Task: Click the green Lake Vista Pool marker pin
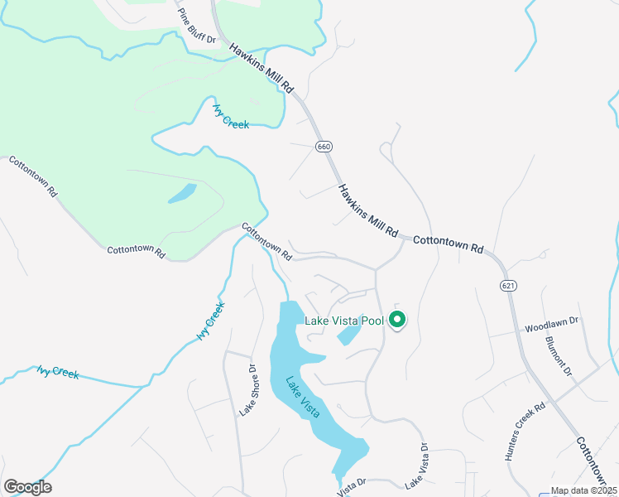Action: (396, 318)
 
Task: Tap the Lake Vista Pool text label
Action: (344, 321)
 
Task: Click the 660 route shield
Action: (324, 146)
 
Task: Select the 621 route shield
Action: (507, 285)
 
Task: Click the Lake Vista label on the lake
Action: (303, 397)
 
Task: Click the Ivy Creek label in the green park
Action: (230, 115)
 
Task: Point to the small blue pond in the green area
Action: (182, 194)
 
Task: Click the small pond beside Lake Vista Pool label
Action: (348, 335)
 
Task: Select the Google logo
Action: (27, 487)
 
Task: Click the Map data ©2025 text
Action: (584, 490)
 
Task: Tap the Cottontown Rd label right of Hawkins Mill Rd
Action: (447, 243)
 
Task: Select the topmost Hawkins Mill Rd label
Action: (262, 67)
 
